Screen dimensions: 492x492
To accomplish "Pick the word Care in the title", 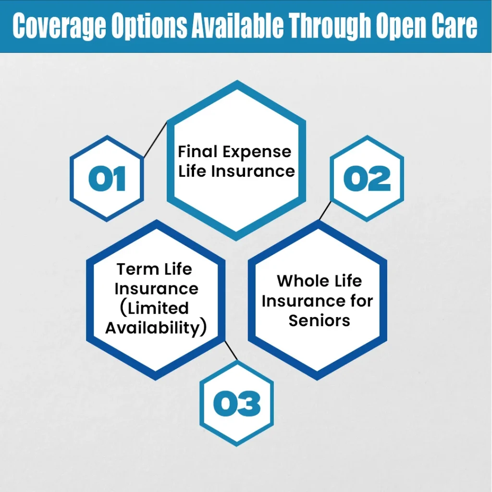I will coord(454,27).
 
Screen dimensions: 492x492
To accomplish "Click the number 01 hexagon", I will coord(107,178).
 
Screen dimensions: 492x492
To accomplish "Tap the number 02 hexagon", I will coord(367,178).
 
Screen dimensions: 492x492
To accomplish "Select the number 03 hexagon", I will coord(236,403).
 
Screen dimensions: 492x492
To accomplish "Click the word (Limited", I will coord(156,308).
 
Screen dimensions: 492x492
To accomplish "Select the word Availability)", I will coord(156,328).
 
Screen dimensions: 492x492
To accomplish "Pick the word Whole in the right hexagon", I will coord(298,281).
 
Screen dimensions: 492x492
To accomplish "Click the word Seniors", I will coord(319,320).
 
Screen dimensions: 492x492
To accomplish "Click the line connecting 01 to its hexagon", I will coord(155,140).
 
